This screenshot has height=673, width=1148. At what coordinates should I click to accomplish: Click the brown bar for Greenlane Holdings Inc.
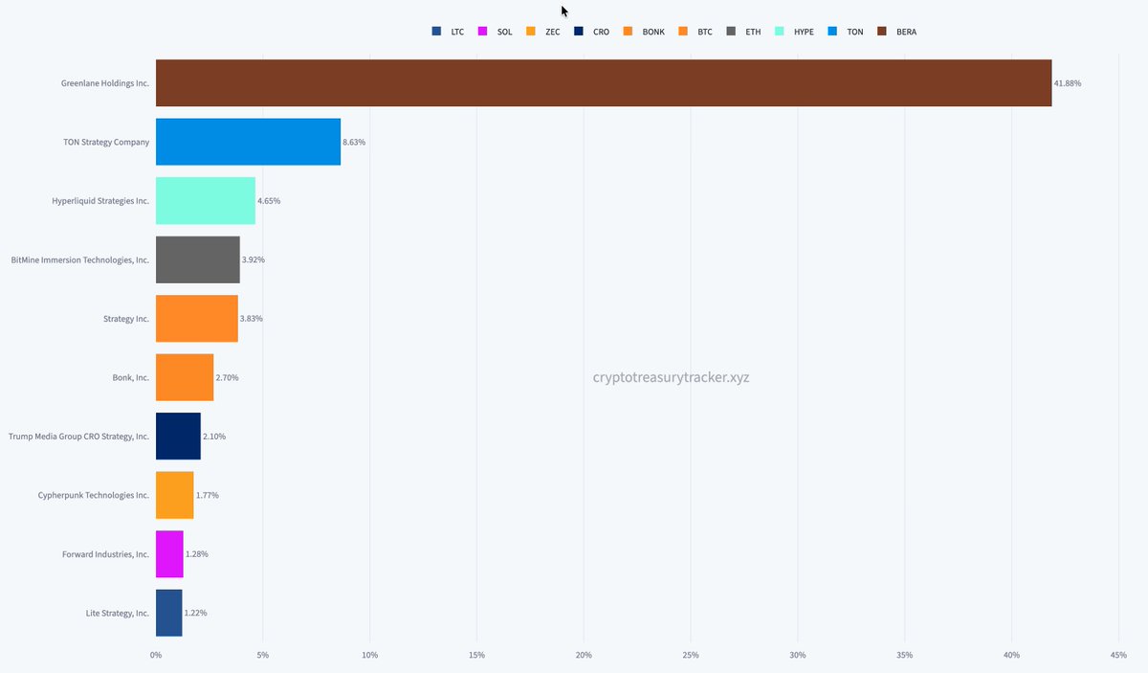[603, 83]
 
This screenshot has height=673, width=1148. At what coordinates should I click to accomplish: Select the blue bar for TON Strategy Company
[248, 142]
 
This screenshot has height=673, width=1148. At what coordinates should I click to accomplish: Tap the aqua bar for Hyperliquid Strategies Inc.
[205, 201]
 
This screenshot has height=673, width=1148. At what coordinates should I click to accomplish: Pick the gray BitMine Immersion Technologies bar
[197, 259]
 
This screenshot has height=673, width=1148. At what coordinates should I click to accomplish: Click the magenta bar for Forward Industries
[169, 554]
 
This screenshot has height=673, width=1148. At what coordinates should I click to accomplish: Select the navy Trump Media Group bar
[178, 437]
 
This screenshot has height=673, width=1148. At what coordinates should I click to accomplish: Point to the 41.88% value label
[1068, 83]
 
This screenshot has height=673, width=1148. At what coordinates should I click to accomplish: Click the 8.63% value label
[354, 142]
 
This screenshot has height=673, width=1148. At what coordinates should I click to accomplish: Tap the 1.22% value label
[195, 613]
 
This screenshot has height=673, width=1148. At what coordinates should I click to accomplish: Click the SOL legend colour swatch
[483, 32]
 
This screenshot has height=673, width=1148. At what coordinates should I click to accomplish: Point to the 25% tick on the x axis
[691, 655]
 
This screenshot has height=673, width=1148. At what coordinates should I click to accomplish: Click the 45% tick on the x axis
[1118, 655]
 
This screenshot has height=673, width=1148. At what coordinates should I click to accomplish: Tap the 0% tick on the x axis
[156, 655]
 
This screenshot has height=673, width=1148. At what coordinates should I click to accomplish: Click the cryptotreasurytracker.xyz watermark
[671, 377]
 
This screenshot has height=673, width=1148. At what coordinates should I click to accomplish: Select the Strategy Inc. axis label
[125, 319]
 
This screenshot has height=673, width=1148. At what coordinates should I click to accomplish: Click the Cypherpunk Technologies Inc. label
[93, 496]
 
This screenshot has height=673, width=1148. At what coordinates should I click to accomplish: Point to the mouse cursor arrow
[564, 11]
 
